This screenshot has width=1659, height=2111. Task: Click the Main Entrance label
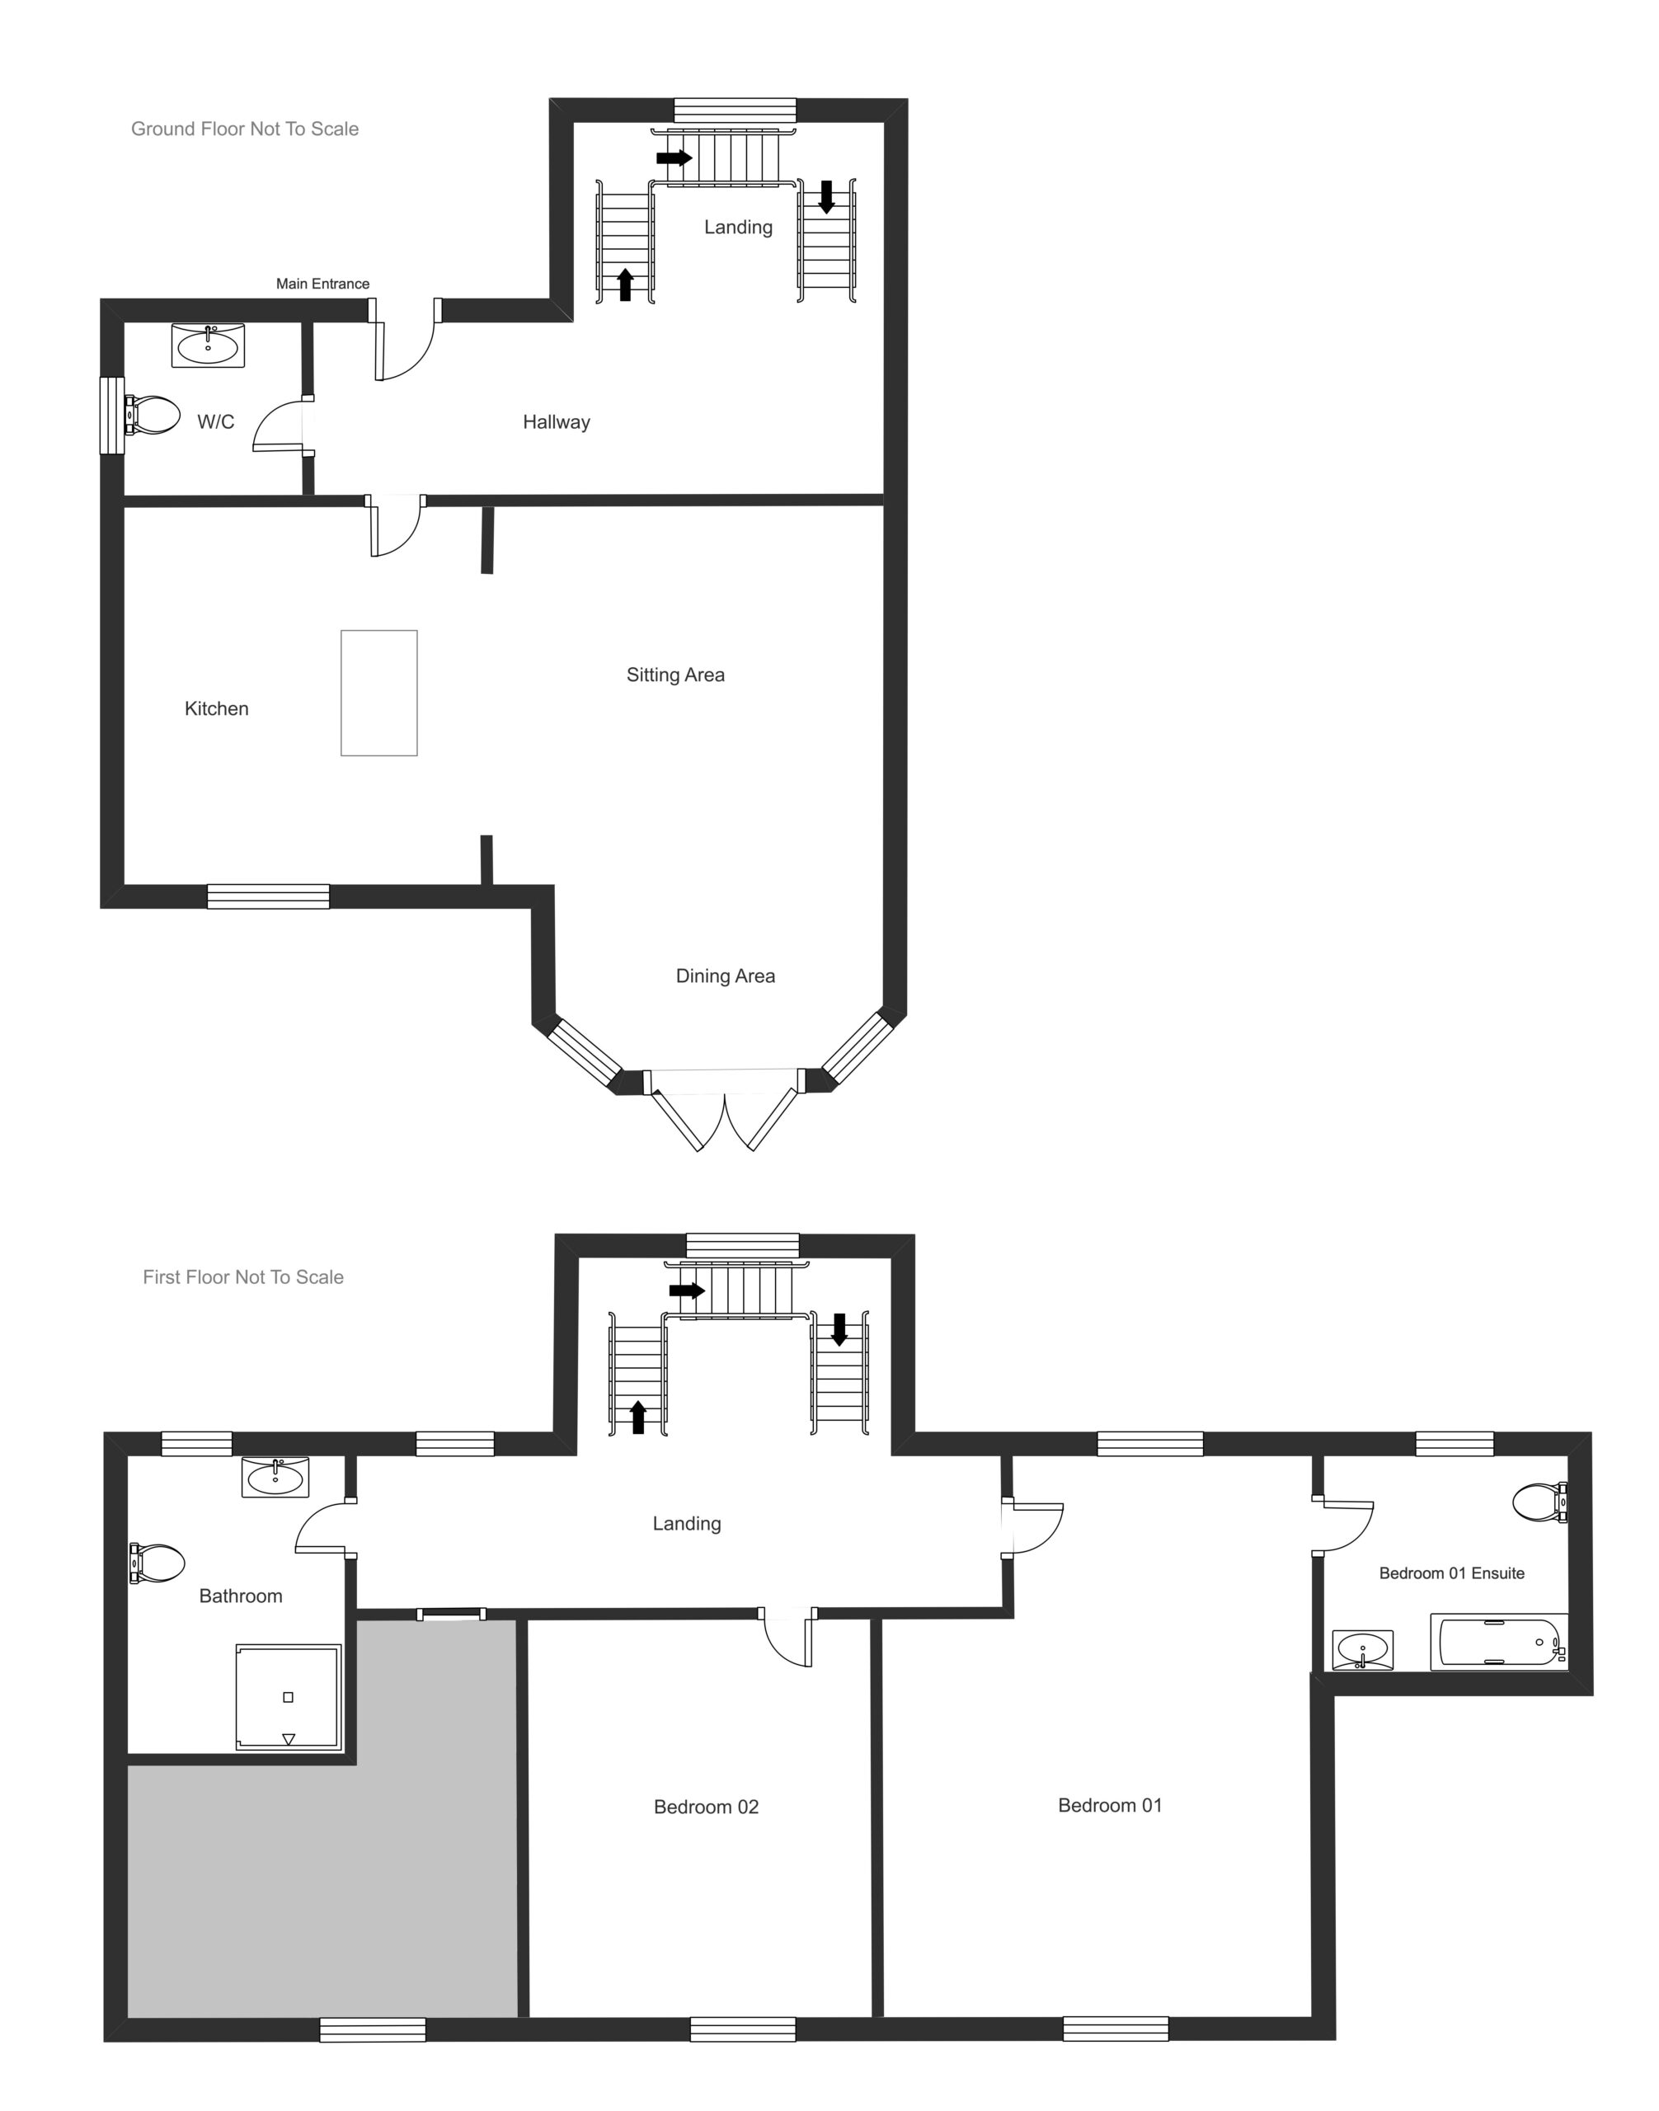point(322,284)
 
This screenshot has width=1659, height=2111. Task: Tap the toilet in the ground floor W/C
point(154,416)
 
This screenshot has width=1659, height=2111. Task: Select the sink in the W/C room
point(208,346)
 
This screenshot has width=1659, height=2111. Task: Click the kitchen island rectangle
point(378,693)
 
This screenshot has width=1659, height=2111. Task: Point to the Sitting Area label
point(675,675)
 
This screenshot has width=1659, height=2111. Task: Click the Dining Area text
point(725,976)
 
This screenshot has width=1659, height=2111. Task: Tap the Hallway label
point(556,422)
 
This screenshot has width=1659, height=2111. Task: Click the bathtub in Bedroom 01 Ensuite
point(1497,1643)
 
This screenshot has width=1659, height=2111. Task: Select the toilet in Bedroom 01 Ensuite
point(1539,1502)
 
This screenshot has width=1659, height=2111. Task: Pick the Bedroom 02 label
point(705,1807)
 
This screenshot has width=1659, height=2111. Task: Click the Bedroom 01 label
point(1109,1805)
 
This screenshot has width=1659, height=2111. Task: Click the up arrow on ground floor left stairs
point(626,284)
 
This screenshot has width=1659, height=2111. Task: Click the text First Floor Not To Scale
point(242,1277)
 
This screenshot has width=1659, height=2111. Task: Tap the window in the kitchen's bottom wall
point(268,896)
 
